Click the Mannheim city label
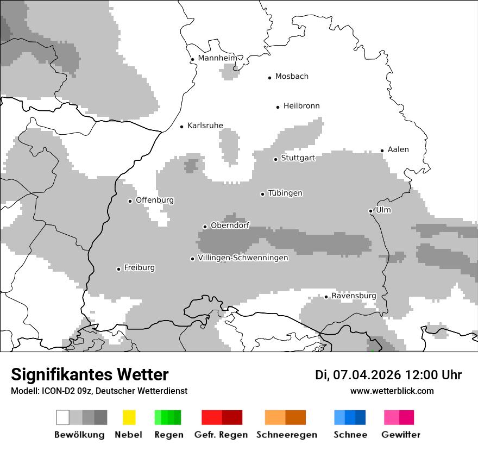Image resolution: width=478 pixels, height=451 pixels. coord(218,58)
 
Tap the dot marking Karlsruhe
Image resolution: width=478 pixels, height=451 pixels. coord(182,127)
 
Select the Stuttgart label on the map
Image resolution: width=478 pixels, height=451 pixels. coord(298,158)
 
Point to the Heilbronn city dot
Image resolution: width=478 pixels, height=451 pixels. coord(278,107)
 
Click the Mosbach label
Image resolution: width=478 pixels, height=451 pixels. coord(292,77)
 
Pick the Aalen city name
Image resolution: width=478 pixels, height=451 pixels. coord(398,149)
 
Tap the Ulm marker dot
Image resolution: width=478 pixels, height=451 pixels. coord(370,211)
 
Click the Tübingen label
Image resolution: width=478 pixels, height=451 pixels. coord(285,193)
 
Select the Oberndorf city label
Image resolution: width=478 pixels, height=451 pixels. coord(230,225)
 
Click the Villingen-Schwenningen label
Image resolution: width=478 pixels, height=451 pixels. coord(243,258)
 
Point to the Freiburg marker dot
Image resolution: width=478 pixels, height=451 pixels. coord(118,269)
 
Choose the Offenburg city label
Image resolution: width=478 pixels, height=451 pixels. coord(155,200)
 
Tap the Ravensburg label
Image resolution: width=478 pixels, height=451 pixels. coord(354,296)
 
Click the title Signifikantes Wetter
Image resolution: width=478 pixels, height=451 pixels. coord(90,375)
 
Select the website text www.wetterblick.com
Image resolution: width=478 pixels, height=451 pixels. coord(392,391)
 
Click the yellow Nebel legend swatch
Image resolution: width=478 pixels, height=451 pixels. coord(129,417)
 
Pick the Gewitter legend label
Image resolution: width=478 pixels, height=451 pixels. coord(401,435)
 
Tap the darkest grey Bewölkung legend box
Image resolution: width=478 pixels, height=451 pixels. coord(100,417)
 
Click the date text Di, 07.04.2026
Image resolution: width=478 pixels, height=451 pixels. coord(357,375)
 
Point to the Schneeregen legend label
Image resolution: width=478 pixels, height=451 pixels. coord(286,435)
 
